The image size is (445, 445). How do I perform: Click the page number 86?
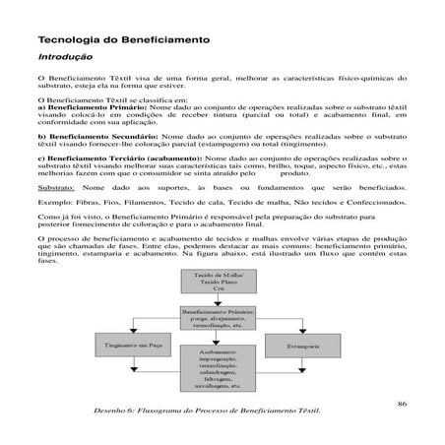point(401,402)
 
